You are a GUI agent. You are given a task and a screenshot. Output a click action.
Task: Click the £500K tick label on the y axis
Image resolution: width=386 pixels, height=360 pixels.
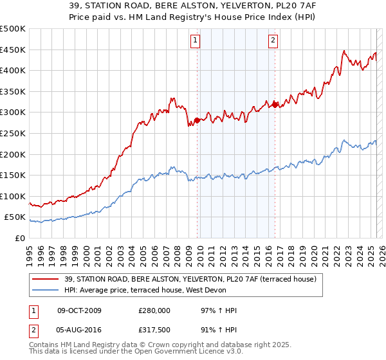(x=13, y=29)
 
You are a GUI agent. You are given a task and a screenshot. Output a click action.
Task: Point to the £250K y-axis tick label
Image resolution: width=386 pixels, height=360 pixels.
(x=13, y=133)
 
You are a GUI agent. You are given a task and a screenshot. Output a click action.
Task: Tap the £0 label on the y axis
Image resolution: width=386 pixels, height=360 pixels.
(x=20, y=238)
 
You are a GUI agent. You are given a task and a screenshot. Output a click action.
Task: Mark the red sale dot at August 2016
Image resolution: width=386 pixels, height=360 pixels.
(x=275, y=105)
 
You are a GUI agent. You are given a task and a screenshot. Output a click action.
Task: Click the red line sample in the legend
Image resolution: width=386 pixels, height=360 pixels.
(x=46, y=279)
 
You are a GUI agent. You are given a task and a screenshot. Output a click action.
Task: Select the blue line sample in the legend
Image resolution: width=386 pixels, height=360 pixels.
(x=46, y=290)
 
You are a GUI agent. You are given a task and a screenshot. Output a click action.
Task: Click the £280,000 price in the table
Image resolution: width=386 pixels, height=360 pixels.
(x=154, y=310)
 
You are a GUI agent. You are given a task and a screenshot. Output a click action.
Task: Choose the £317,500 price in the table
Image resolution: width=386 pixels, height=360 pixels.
(x=154, y=332)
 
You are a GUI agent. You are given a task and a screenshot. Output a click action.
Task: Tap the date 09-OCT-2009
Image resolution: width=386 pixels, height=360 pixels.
(x=80, y=310)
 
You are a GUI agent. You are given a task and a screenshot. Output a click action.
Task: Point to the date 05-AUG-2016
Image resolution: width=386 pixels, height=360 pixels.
(x=80, y=332)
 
